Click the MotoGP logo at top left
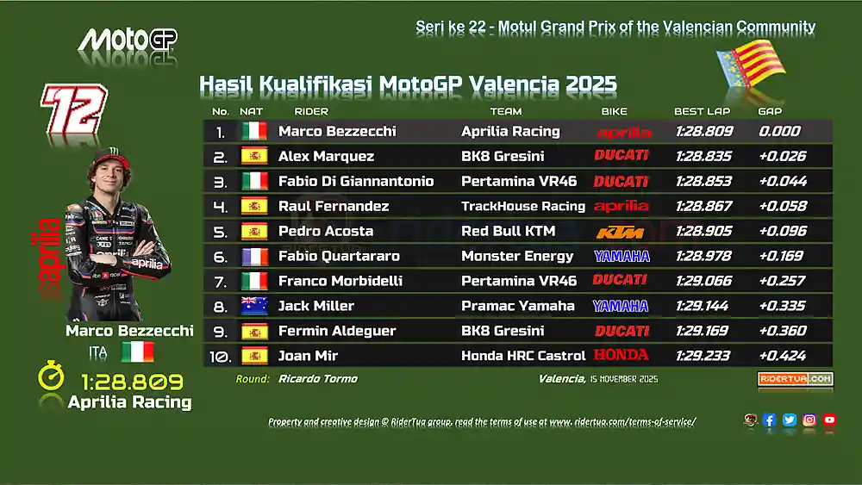128,40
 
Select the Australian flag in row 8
253,306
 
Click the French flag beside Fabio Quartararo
253,256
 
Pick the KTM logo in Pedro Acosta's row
621,232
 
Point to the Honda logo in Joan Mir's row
621,355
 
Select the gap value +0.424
783,355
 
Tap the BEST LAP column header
702,112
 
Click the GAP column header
769,112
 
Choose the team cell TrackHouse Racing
522,206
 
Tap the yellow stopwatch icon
51,376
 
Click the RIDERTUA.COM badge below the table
795,379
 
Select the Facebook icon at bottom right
769,420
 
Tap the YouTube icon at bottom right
829,420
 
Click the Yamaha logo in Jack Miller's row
621,306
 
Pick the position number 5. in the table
220,232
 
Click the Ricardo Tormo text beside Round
317,379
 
